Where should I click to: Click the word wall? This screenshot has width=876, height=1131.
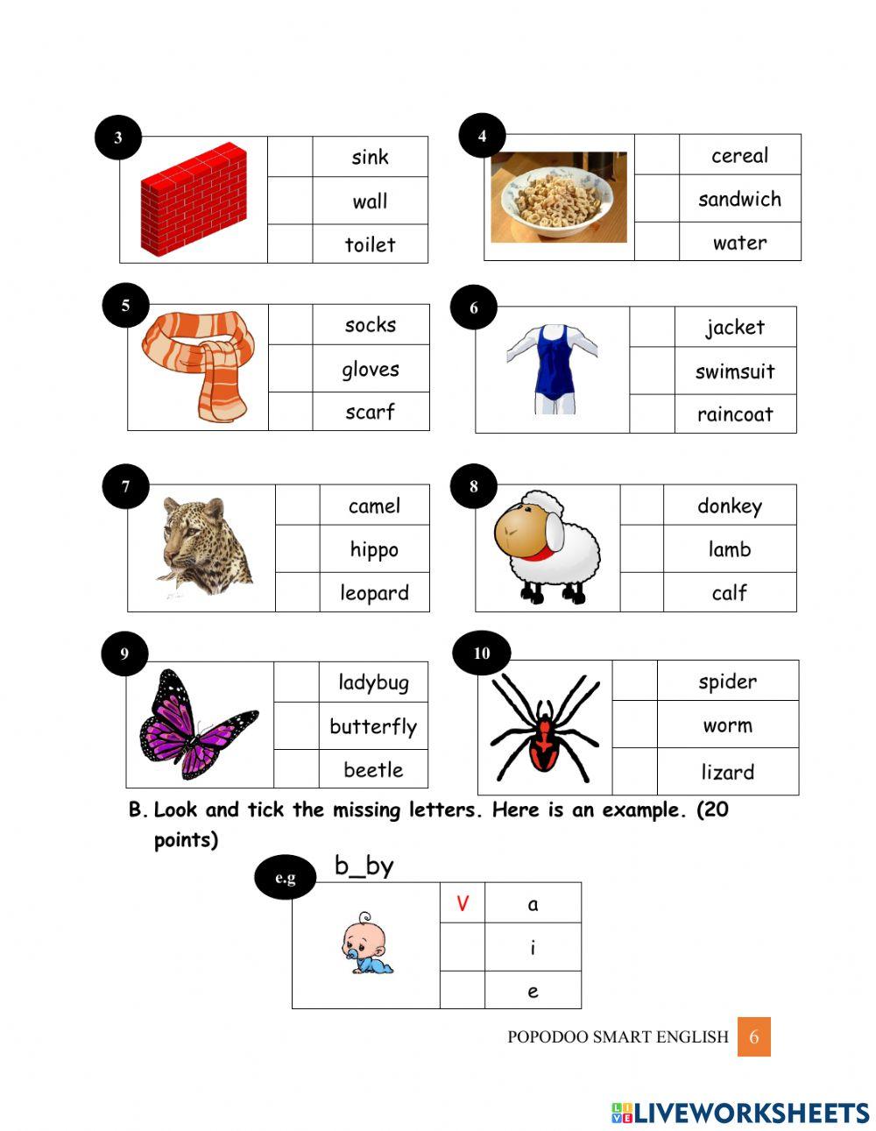(x=370, y=201)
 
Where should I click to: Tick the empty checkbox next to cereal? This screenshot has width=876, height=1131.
(x=656, y=155)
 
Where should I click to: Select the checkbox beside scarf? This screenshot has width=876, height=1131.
(x=290, y=411)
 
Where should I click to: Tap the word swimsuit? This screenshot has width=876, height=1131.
(x=735, y=371)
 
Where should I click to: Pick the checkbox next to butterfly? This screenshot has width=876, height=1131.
(x=296, y=725)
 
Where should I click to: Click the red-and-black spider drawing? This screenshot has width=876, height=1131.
(x=545, y=727)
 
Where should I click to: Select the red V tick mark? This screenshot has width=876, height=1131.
(x=463, y=903)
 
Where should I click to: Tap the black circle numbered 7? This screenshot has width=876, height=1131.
(x=125, y=487)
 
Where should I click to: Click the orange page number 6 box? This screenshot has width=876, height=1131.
(x=753, y=1037)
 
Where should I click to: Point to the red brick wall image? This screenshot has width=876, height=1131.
(x=194, y=199)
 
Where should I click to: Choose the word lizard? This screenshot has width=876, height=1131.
(x=727, y=772)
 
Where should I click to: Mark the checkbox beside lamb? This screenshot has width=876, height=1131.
(x=642, y=549)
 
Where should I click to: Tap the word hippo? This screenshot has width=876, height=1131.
(x=374, y=549)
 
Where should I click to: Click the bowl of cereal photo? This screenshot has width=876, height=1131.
(x=559, y=197)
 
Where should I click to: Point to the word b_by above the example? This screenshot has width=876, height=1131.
(x=364, y=866)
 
